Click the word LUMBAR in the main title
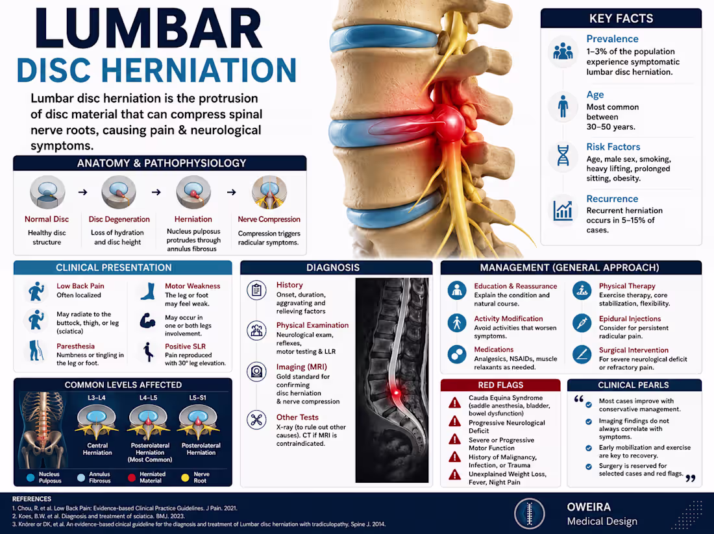tap(149, 29)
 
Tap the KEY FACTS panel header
tap(621, 18)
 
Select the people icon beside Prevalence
tap(563, 51)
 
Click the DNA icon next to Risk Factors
tap(563, 155)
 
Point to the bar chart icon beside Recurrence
tap(563, 210)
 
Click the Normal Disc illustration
tap(47, 192)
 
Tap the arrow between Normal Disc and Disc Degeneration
tap(82, 192)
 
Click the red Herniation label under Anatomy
tap(193, 219)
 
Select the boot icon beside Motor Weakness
tap(147, 291)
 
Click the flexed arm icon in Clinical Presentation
tap(147, 321)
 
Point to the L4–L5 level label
tap(148, 398)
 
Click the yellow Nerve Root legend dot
tap(185, 478)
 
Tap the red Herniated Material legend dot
tap(132, 478)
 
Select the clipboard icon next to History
tap(256, 290)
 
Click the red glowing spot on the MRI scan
tap(396, 392)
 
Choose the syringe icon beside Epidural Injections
tap(582, 322)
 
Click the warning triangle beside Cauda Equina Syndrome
tap(454, 402)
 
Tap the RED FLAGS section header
tap(500, 385)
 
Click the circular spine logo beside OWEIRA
tap(530, 513)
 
